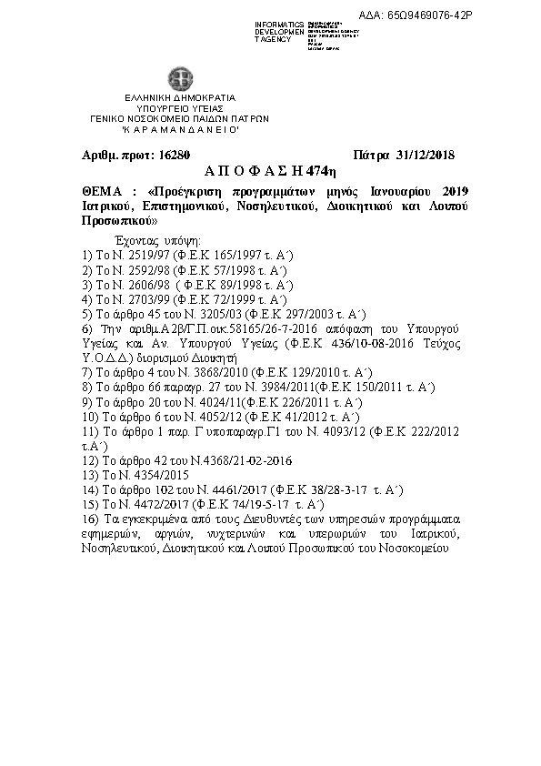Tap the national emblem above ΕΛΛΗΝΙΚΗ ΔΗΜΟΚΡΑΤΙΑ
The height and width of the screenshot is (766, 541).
[173, 79]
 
